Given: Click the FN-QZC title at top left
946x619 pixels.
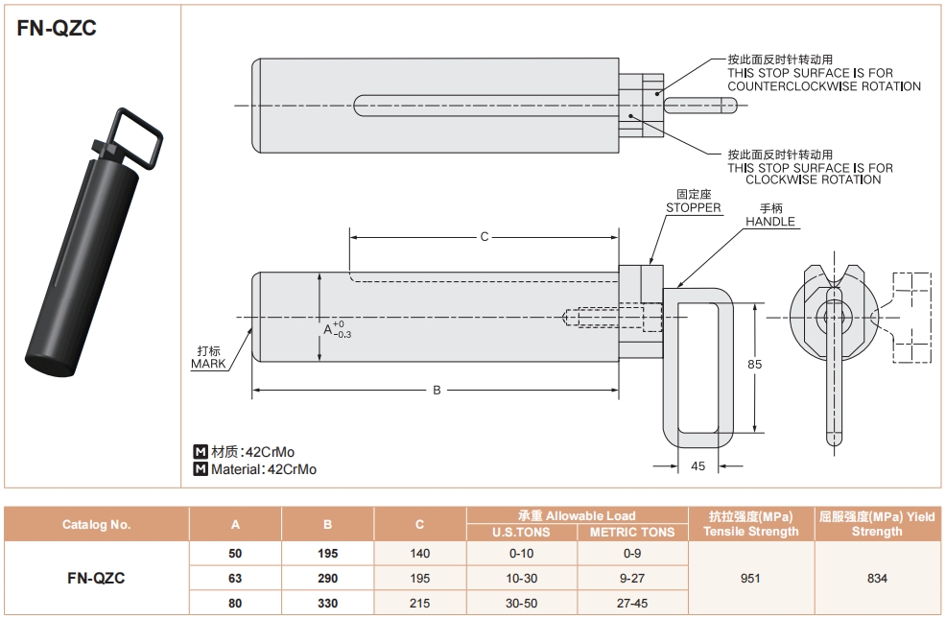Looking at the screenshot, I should (x=57, y=29).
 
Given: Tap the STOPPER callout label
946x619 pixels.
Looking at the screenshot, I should (x=693, y=207).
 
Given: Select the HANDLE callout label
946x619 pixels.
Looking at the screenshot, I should (x=770, y=222).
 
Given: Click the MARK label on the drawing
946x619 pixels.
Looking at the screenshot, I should (x=208, y=364).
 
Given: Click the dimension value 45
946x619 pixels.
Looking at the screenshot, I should (x=698, y=466).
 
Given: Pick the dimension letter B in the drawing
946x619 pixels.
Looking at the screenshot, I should (x=437, y=390).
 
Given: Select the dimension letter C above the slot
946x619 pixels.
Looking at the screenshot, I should (x=485, y=236).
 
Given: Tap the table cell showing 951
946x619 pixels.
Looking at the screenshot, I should (x=751, y=578).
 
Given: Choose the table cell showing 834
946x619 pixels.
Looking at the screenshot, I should (x=877, y=578).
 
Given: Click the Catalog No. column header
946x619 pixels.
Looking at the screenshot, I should (x=96, y=524).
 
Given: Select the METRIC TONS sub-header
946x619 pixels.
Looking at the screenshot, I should (x=632, y=532).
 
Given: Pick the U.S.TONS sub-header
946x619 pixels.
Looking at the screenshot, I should (x=521, y=532).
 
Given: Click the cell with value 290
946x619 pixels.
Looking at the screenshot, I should (x=327, y=579).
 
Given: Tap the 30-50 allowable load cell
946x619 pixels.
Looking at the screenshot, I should (x=521, y=604).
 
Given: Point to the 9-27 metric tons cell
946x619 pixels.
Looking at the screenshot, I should (x=632, y=579).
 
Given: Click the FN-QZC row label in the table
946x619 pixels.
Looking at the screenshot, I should (x=96, y=578).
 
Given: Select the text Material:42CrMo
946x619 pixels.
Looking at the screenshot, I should (x=263, y=469).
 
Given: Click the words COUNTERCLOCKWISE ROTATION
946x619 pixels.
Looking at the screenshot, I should (x=823, y=86).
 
